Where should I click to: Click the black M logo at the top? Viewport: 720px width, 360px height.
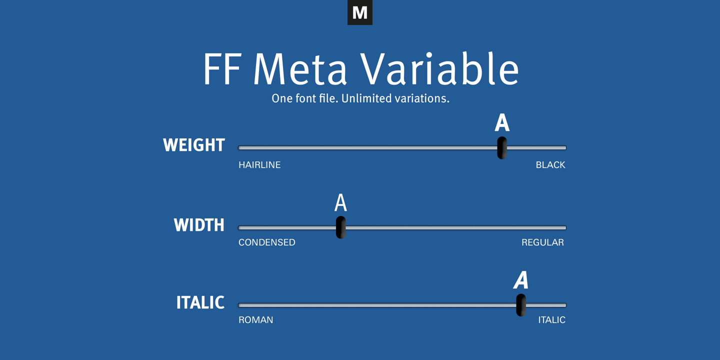coord(359,12)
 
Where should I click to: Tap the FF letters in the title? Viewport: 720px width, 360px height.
coord(221,69)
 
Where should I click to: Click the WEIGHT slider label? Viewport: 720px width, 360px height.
coord(194,145)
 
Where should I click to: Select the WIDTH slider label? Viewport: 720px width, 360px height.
coord(199,225)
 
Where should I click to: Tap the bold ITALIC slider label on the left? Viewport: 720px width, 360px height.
coord(200,302)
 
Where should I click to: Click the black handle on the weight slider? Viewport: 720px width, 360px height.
coord(502,147)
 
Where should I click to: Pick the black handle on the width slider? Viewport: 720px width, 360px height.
coord(340,227)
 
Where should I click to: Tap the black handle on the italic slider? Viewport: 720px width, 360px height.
coord(521,305)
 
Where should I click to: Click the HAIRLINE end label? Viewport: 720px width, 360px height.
coord(259,165)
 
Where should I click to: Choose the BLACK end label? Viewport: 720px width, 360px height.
coord(550,165)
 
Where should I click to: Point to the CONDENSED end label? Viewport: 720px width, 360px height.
coord(267,242)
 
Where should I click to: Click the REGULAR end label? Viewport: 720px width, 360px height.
coord(542,242)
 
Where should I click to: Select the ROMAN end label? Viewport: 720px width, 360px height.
coord(256,320)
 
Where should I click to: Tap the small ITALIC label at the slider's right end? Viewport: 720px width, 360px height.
coord(551,320)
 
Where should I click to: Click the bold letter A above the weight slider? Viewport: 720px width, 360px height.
coord(502,123)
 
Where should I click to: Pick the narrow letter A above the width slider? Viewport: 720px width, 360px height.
coord(340,203)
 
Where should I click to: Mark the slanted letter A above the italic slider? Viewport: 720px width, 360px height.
coord(521,280)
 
